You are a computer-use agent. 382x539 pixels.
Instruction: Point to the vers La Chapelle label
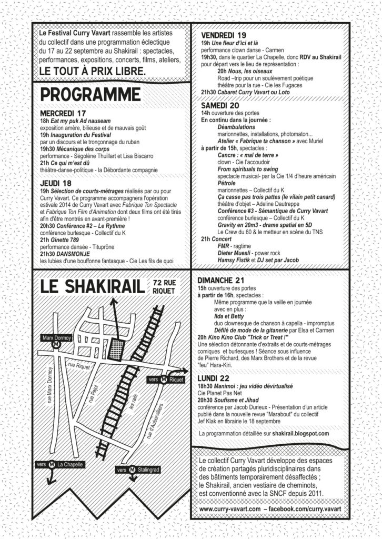(x=65, y=465)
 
